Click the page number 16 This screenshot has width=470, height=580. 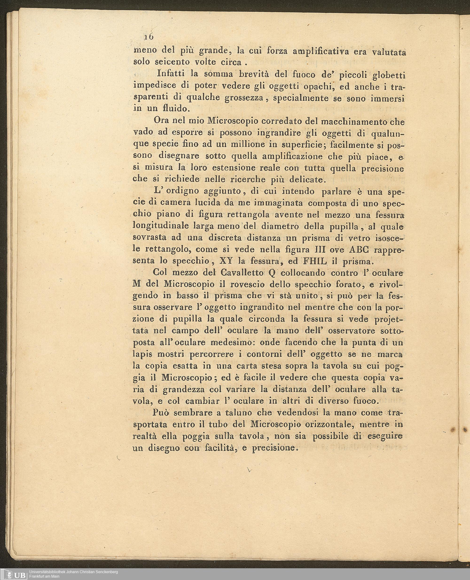coord(149,37)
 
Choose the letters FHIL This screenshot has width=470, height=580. coord(315,261)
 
